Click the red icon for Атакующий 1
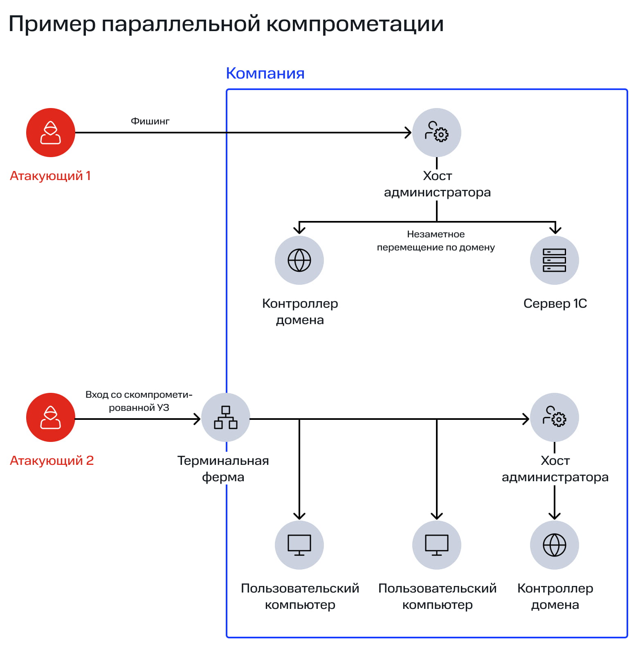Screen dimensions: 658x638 pyautogui.click(x=51, y=133)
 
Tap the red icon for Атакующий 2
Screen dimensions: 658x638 pyautogui.click(x=51, y=417)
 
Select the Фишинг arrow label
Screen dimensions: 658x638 pyautogui.click(x=150, y=121)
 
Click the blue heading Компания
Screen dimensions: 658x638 pyautogui.click(x=265, y=73)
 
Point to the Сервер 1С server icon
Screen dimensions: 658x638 pyautogui.click(x=554, y=260)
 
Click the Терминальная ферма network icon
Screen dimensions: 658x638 pyautogui.click(x=226, y=417)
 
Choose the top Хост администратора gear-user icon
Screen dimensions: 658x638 pyautogui.click(x=437, y=133)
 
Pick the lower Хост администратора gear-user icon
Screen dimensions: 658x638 pyautogui.click(x=554, y=417)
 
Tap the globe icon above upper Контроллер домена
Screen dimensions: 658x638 pyautogui.click(x=299, y=260)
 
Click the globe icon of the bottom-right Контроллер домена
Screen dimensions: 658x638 pyautogui.click(x=554, y=545)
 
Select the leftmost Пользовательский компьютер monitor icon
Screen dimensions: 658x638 pyautogui.click(x=299, y=545)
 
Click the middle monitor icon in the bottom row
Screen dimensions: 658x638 pyautogui.click(x=437, y=545)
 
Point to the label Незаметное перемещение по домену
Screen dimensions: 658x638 pyautogui.click(x=436, y=241)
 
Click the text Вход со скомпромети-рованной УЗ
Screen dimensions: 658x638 pyautogui.click(x=139, y=401)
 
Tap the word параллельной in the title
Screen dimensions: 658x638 pyautogui.click(x=181, y=24)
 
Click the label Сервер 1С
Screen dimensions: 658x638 pyautogui.click(x=555, y=304)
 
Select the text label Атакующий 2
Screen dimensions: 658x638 pyautogui.click(x=52, y=461)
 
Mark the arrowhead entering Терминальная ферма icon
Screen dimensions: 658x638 pyautogui.click(x=197, y=419)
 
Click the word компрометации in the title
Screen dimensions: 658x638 pyautogui.click(x=355, y=24)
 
